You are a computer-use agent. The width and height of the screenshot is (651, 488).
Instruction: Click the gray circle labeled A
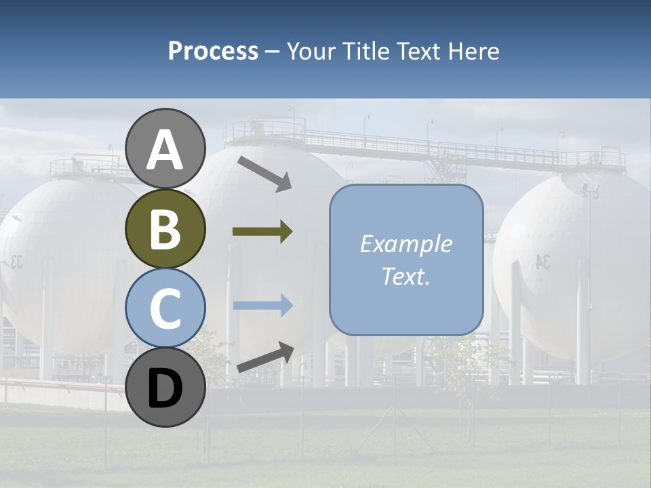(x=165, y=148)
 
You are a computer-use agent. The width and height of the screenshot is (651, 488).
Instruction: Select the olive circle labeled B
(x=165, y=229)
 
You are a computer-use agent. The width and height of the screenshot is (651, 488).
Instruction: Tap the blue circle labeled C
(x=165, y=308)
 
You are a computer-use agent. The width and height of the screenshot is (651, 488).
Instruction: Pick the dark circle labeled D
(x=165, y=388)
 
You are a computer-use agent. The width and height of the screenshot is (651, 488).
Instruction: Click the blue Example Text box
(x=406, y=260)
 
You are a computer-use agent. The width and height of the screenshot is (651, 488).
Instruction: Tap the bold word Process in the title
(x=213, y=51)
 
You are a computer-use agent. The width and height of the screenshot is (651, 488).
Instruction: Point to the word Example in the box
(x=406, y=244)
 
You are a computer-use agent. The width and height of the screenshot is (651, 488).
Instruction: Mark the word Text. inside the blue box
(x=406, y=277)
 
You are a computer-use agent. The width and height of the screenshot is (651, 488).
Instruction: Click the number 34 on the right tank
(x=542, y=262)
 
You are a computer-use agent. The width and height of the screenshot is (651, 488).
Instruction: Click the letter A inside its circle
(x=165, y=150)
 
